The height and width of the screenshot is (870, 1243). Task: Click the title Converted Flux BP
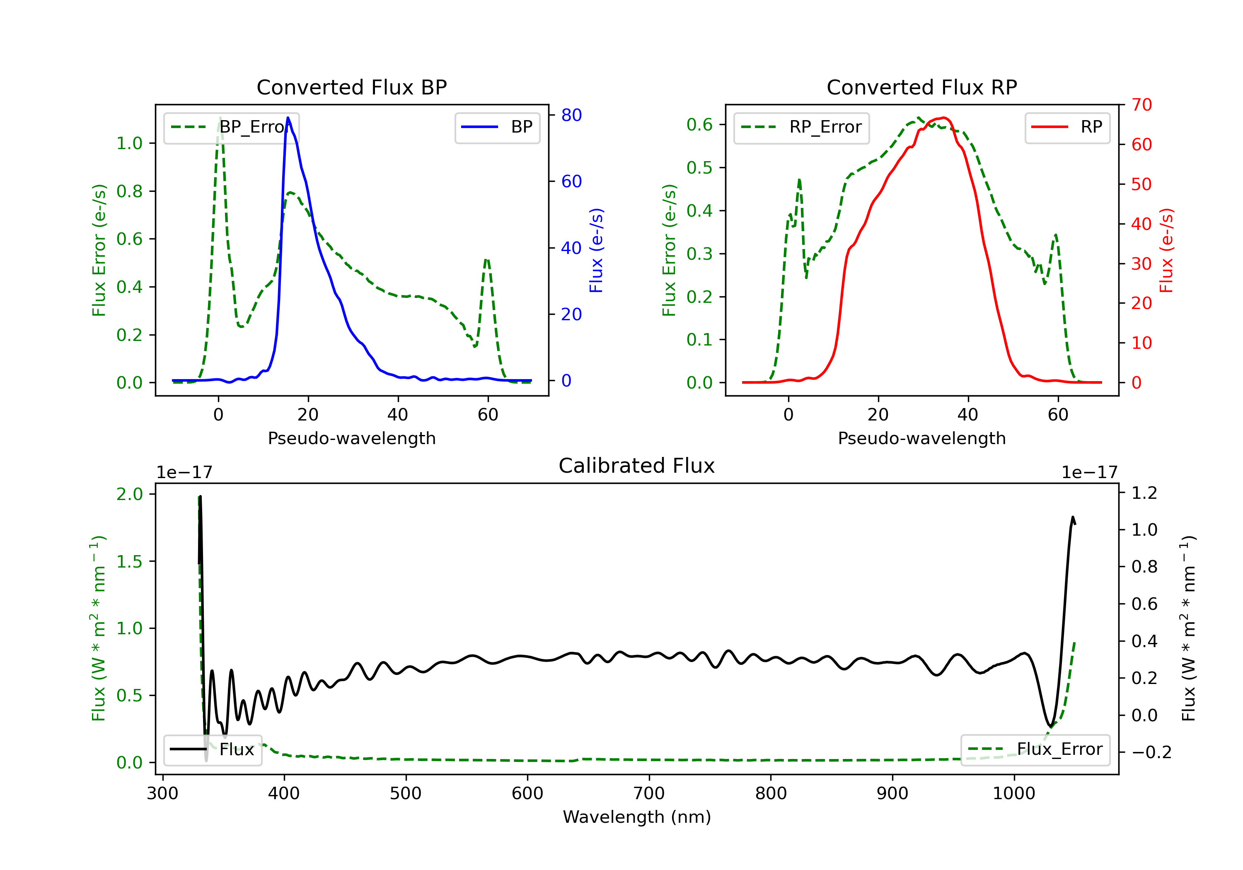351,87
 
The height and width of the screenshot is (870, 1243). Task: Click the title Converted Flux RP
921,87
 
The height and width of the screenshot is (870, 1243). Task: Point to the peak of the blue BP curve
288,118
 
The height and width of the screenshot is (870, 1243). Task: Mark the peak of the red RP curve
943,118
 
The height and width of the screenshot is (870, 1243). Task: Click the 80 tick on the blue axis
571,115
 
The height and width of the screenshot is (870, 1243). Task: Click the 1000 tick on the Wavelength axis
1013,794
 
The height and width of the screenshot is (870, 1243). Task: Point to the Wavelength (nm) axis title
637,817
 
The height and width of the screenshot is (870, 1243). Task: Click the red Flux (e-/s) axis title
1166,250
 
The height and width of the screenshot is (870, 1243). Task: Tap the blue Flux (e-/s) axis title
596,250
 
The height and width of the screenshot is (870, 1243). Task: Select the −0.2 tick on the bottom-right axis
1151,752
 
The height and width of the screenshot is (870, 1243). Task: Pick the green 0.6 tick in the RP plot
699,125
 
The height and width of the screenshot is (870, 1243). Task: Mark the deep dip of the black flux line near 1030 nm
1050,726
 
